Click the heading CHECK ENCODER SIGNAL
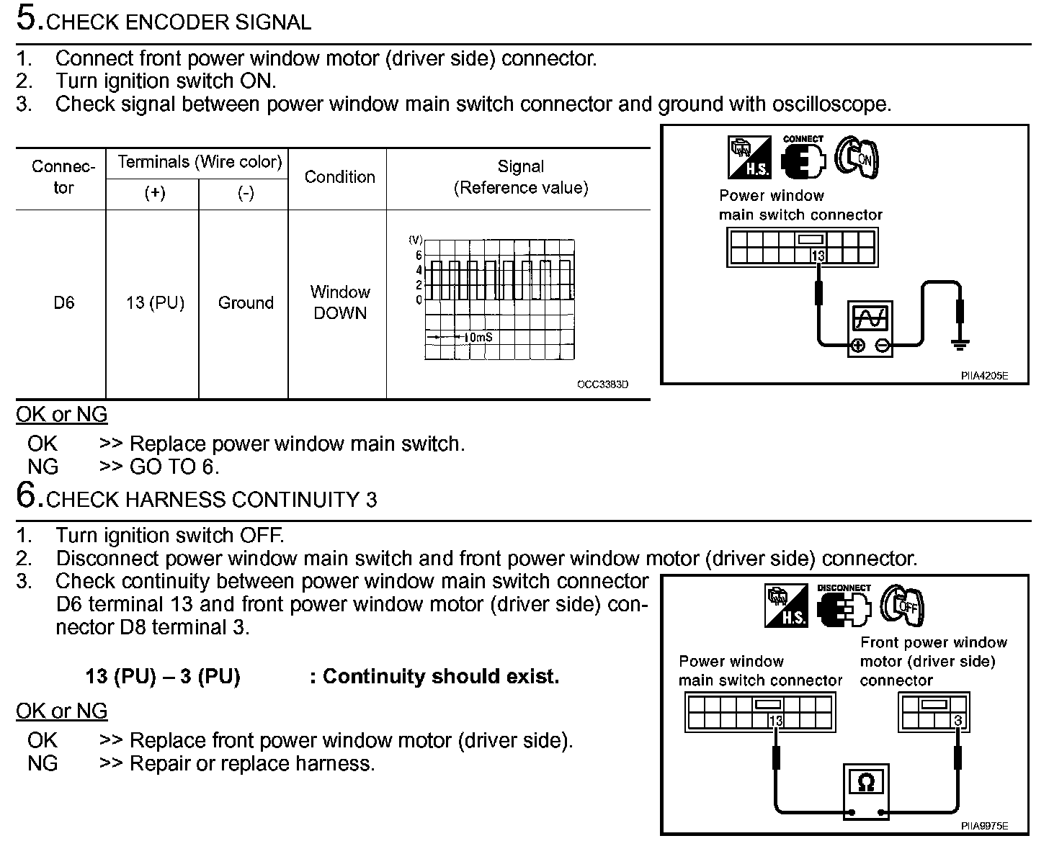pyautogui.click(x=178, y=22)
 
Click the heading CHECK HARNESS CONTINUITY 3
pyautogui.click(x=210, y=500)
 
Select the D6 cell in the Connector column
pyautogui.click(x=63, y=303)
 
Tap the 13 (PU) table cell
pyautogui.click(x=155, y=303)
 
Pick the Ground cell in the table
pyautogui.click(x=246, y=303)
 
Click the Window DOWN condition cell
pyautogui.click(x=339, y=302)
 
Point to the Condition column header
pyautogui.click(x=339, y=177)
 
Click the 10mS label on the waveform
pyautogui.click(x=478, y=337)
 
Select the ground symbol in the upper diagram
pyautogui.click(x=959, y=344)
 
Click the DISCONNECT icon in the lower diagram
pyautogui.click(x=844, y=607)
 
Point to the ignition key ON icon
pyautogui.click(x=857, y=157)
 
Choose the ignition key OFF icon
pyautogui.click(x=902, y=605)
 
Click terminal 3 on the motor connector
pyautogui.click(x=958, y=721)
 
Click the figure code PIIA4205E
pyautogui.click(x=983, y=376)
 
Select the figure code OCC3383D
pyautogui.click(x=602, y=384)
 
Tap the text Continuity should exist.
pyautogui.click(x=434, y=677)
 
